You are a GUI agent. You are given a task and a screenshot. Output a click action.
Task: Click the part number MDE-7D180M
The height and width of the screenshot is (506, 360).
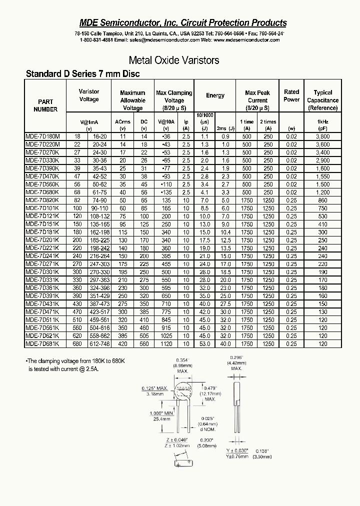[42, 136]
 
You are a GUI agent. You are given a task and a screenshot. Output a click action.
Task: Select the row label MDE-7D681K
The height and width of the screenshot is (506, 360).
[42, 344]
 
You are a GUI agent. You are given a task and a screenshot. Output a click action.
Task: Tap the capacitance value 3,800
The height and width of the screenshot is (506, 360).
[322, 136]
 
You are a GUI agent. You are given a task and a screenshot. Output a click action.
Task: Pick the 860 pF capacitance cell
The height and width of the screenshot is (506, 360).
[322, 200]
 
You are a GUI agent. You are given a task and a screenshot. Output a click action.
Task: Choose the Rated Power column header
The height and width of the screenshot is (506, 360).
[291, 95]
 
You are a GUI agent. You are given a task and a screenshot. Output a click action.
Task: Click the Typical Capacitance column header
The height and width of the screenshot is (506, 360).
[322, 100]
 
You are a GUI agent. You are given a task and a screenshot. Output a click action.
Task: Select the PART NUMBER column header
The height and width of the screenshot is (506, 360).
[45, 105]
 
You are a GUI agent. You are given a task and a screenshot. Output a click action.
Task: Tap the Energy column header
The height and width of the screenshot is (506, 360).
[215, 95]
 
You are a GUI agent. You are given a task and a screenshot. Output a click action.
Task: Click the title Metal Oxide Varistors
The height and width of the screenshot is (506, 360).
[174, 60]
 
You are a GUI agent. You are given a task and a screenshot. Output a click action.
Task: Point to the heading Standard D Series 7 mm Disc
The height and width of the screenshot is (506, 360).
[82, 74]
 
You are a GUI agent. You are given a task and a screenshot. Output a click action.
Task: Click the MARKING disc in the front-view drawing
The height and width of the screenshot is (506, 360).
[184, 389]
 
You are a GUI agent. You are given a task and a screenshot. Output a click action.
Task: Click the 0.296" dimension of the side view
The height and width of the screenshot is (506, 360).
[235, 357]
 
